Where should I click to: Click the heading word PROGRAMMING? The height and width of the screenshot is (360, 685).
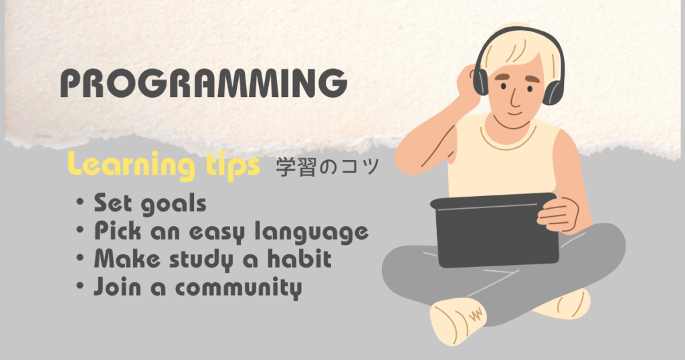pos(203,85)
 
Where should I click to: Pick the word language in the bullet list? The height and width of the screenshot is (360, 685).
pos(314,232)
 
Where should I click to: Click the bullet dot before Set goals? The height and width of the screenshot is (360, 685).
pos(80,203)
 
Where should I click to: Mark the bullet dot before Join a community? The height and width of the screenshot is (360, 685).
pos(80,287)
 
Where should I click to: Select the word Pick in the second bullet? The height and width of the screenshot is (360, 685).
pos(116,231)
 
